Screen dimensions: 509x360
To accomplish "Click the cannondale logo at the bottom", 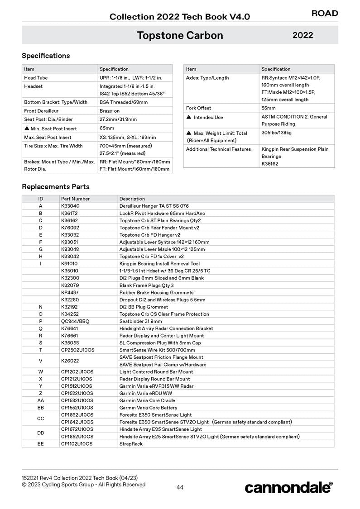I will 288,487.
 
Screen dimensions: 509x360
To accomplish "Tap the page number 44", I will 180,487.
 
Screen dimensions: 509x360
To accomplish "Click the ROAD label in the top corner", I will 325,13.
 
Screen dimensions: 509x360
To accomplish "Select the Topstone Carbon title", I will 180,35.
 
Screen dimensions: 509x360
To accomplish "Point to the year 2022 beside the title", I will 302,35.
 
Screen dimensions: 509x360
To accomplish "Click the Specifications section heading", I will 46,56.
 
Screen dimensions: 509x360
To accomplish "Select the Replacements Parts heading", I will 56,186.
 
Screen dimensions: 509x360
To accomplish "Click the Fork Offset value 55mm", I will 269,108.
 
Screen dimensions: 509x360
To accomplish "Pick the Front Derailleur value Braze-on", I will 110,111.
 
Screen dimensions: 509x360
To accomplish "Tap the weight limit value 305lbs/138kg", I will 276,133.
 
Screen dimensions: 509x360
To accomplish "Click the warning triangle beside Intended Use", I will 189,117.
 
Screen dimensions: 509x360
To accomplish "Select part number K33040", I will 70,206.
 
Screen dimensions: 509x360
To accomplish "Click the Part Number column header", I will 75,199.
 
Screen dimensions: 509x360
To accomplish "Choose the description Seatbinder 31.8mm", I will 140,321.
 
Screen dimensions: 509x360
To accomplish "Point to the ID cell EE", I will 41,444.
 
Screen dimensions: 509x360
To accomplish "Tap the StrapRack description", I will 131,444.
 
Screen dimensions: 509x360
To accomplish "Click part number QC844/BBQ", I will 75,321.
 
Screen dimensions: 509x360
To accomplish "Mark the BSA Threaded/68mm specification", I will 124,102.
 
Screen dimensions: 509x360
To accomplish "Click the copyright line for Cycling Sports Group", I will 84,485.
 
